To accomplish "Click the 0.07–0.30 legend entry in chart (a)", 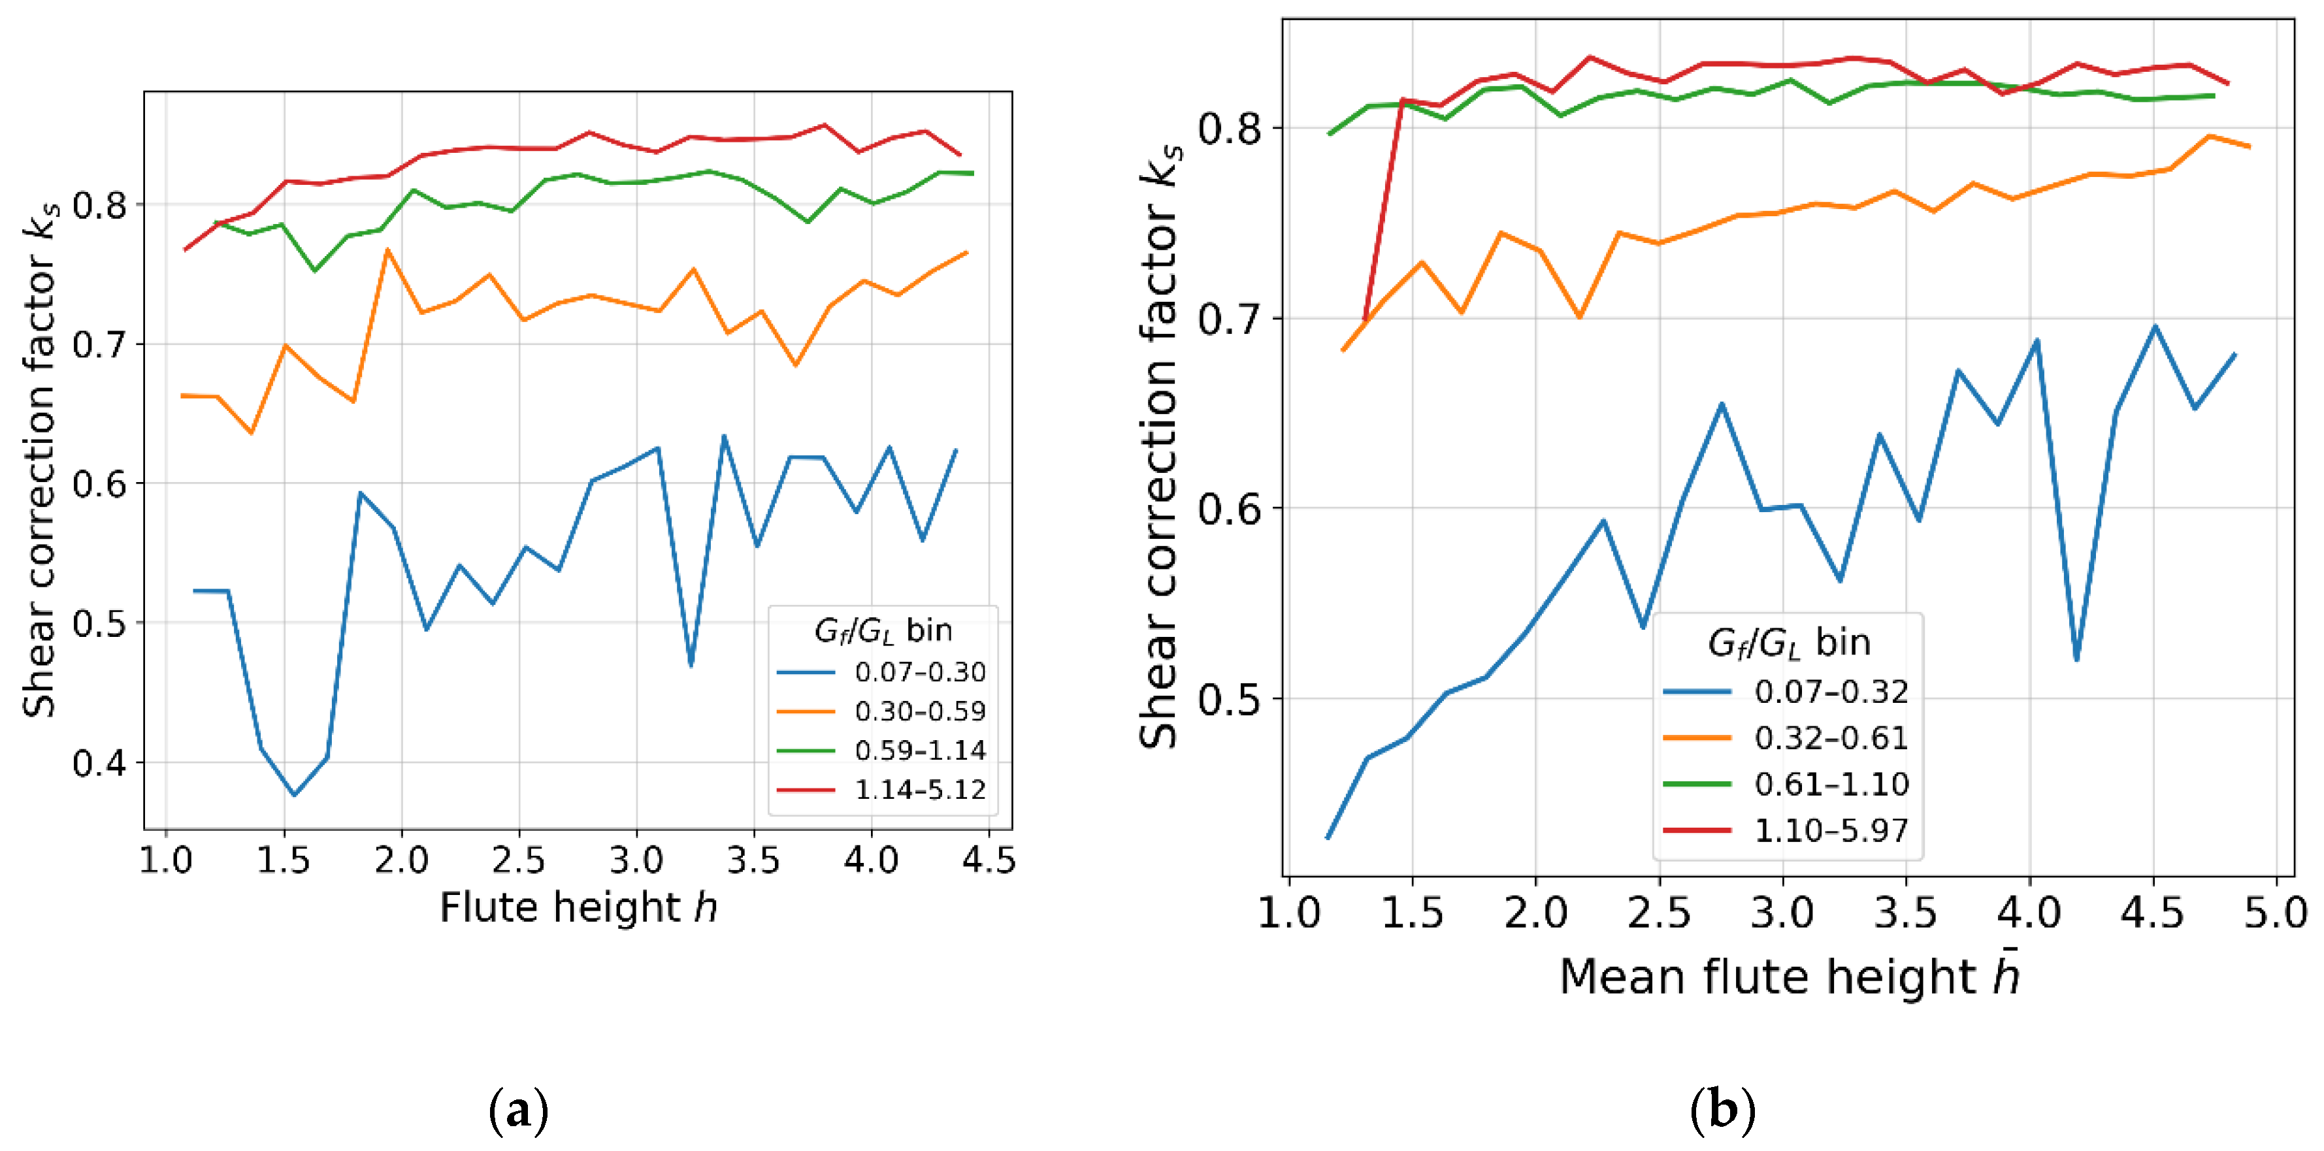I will tap(919, 672).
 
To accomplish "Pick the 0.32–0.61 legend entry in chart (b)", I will tap(1831, 738).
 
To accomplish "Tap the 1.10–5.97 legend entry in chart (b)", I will tap(1831, 830).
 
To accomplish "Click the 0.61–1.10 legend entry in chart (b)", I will tap(1831, 784).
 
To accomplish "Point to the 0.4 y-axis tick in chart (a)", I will tap(100, 763).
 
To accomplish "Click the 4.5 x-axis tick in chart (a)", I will tap(989, 860).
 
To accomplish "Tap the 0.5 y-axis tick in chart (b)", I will tap(1227, 699).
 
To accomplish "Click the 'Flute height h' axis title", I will tap(578, 907).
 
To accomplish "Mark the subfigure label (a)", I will tap(518, 1111).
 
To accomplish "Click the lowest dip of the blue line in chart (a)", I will tap(294, 795).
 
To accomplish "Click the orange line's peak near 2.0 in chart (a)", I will tap(387, 250).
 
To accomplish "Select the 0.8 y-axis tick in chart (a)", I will tap(100, 204).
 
